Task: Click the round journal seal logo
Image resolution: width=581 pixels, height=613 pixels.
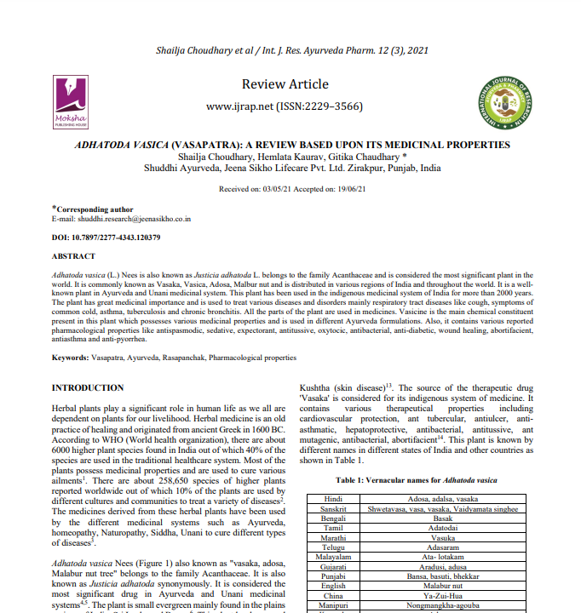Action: tap(511, 100)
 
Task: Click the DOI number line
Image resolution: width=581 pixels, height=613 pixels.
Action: tap(106, 237)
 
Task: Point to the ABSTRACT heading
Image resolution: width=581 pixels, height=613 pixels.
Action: tap(73, 255)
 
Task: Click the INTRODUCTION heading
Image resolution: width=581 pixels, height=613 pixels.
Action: tap(89, 388)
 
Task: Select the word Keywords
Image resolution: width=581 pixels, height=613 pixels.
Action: tap(70, 358)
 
